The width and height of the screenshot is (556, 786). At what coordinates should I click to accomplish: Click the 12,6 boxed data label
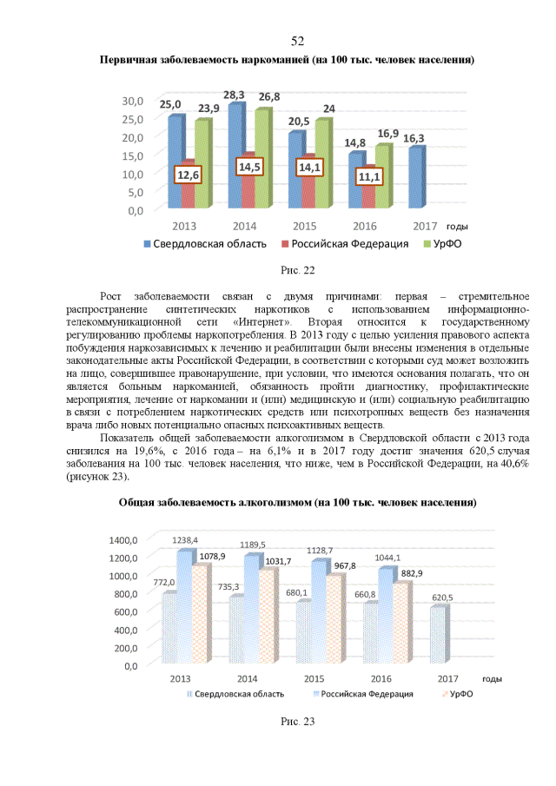[x=189, y=175]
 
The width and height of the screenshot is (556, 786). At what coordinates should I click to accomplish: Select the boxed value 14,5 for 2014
[x=248, y=166]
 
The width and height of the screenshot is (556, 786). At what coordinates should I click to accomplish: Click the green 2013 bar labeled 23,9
[x=202, y=163]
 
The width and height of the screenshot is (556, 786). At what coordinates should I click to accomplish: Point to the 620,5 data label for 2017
[x=441, y=598]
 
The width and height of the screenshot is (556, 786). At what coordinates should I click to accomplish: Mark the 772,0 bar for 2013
[x=169, y=630]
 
